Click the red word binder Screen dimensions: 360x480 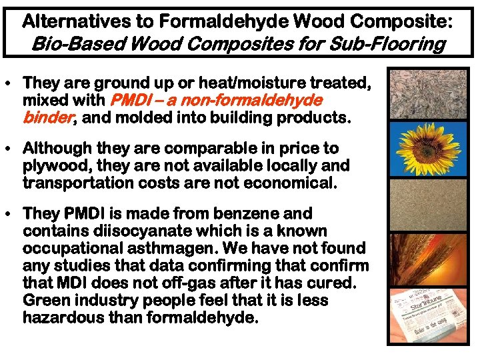[49, 118]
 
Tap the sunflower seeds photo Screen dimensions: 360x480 [419, 94]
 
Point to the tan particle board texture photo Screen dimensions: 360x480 [419, 203]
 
